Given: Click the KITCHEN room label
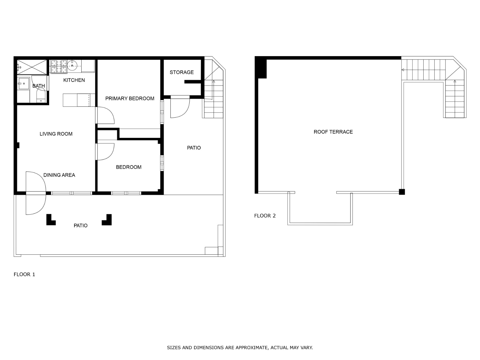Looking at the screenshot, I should [x=74, y=80].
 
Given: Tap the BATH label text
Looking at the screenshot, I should [x=38, y=86].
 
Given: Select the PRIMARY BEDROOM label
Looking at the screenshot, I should [x=130, y=98].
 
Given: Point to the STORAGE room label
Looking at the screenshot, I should [x=181, y=72].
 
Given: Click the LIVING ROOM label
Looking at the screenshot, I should [x=56, y=134].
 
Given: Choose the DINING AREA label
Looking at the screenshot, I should [x=59, y=175].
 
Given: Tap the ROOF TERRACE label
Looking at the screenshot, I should [x=333, y=132].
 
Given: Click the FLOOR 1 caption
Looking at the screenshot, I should [x=24, y=274].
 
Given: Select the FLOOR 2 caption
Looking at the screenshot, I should [x=265, y=216].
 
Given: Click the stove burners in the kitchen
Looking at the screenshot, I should [x=58, y=67].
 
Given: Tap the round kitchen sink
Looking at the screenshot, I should [x=72, y=65].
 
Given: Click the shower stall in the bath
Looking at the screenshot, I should [x=32, y=67].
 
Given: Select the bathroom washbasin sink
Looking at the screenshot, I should [x=23, y=83].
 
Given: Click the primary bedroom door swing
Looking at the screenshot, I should [x=105, y=115].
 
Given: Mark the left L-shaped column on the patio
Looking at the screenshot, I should [x=50, y=220].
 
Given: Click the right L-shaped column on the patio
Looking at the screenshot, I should [x=107, y=220].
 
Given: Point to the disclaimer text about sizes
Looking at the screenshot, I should [x=240, y=348].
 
